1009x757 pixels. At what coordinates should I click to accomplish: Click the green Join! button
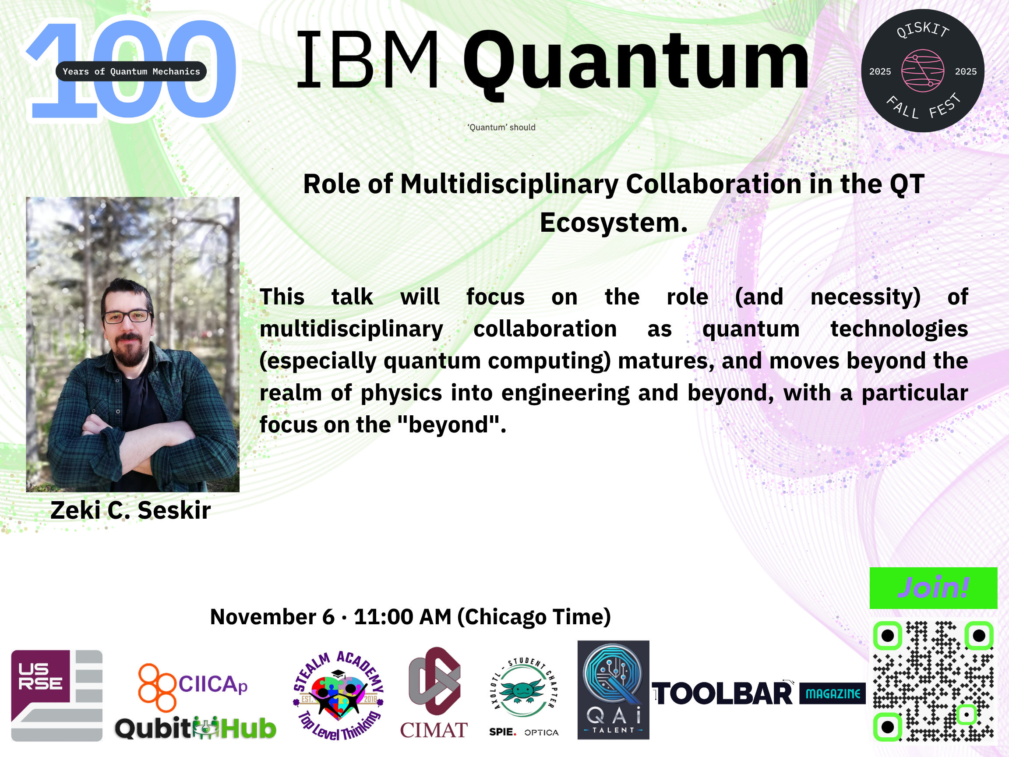933,588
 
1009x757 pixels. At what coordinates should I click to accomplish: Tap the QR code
933,681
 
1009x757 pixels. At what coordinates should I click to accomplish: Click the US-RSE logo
56,695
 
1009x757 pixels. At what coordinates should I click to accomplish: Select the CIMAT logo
434,693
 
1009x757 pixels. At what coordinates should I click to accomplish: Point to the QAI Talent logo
613,690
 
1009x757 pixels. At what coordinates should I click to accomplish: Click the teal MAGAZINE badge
833,693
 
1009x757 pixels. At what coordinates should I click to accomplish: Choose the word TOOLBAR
723,693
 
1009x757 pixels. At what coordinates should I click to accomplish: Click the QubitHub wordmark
195,728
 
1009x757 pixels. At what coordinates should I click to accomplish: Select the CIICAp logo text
212,684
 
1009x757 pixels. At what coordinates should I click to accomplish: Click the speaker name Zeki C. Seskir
131,510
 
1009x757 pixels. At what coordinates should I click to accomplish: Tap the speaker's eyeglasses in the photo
127,316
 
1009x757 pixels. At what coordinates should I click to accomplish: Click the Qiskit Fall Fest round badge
923,71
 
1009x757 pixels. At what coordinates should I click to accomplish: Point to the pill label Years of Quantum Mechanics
131,71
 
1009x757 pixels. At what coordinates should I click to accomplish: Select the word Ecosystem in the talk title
614,223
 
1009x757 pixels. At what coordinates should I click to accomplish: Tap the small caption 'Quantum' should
501,127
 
